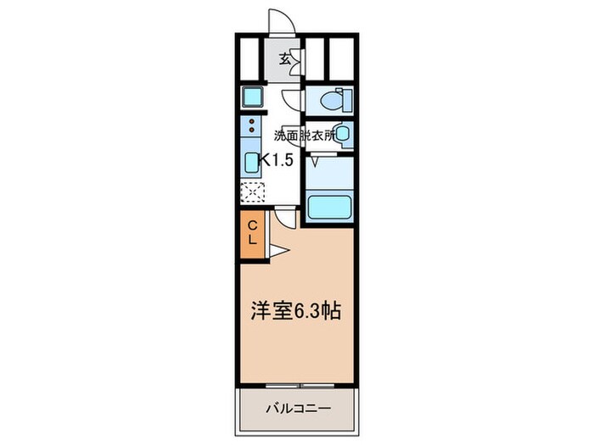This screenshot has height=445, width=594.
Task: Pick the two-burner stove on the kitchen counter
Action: pos(252,129)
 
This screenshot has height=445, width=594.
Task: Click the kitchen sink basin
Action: pos(253,162)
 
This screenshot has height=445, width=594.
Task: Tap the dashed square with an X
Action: pos(252,192)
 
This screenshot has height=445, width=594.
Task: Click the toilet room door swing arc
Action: pos(291,99)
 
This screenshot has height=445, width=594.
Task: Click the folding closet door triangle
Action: pos(280,250)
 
